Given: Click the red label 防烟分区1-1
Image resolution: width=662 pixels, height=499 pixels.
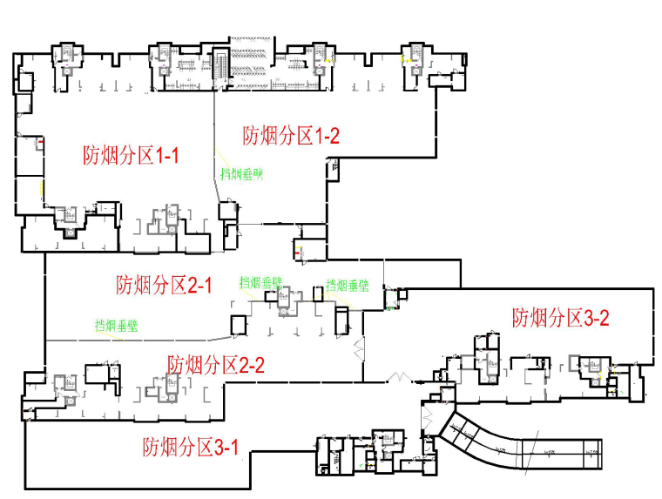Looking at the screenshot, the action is click(132, 156).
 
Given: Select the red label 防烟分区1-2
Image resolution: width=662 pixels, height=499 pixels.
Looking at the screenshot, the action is click(290, 135).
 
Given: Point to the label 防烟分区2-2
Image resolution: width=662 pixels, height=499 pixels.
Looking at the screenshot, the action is click(216, 365).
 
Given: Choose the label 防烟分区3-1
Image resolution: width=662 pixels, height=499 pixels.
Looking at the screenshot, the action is click(191, 448).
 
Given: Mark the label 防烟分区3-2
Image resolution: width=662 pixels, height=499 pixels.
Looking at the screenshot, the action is click(560, 317).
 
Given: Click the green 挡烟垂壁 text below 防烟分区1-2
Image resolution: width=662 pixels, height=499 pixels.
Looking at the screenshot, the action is click(241, 173).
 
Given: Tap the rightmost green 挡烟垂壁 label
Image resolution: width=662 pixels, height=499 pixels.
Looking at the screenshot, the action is click(348, 285).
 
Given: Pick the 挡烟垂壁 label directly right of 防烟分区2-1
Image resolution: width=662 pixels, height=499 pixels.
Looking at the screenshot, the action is click(260, 283).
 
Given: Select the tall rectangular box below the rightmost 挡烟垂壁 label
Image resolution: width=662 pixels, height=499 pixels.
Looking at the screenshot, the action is click(341, 320).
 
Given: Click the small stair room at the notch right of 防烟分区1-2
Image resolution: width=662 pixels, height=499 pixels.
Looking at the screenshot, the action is click(332, 166).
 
